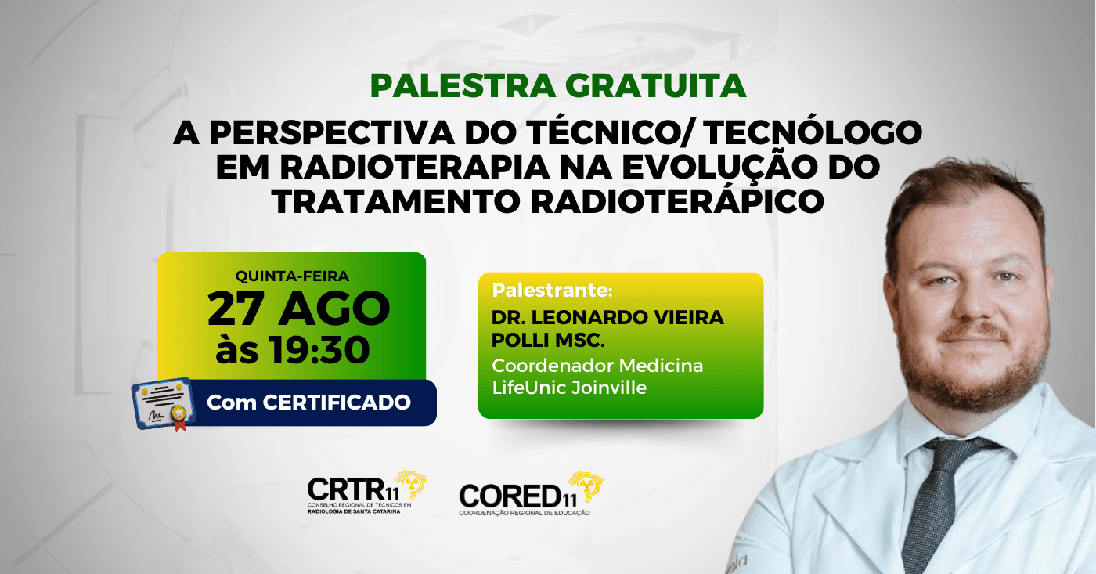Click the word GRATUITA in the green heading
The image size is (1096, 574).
point(658,86)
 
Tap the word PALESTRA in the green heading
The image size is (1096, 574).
point(463,86)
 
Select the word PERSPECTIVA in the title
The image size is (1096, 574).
point(332,132)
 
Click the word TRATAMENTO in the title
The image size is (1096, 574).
point(396,201)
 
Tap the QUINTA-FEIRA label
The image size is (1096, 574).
point(292,276)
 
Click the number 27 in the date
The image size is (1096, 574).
point(236,309)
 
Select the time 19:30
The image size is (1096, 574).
point(320,350)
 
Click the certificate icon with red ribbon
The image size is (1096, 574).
point(163,404)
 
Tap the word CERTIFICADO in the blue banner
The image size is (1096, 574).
point(337,403)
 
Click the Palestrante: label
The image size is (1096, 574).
point(553,291)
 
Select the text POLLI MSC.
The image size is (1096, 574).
point(548,340)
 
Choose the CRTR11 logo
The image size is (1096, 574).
point(367,493)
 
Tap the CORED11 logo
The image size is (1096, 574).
point(531,494)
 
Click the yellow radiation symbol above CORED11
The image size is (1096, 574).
point(588,486)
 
